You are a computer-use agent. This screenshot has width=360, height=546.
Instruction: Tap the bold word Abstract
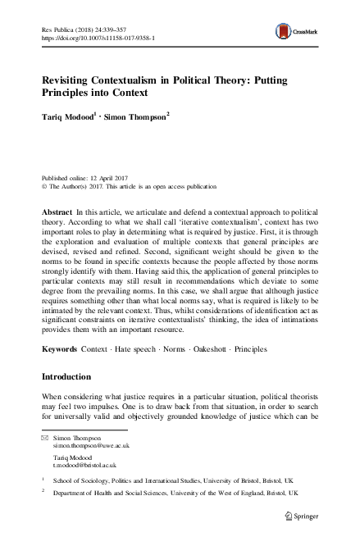[55, 212]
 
